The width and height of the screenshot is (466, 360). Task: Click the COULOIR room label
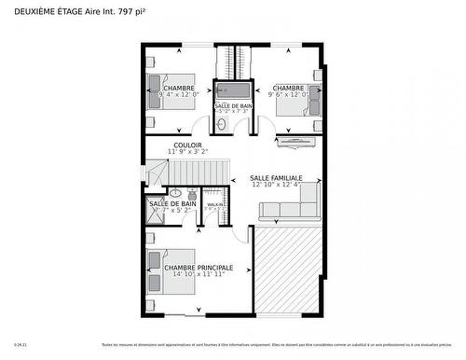pyautogui.click(x=187, y=145)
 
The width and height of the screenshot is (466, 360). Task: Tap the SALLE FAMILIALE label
pyautogui.click(x=276, y=177)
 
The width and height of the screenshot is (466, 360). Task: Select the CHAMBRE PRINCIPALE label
pyautogui.click(x=199, y=268)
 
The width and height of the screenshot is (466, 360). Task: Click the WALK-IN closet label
pyautogui.click(x=214, y=203)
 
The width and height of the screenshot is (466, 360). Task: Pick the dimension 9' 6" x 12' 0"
pyautogui.click(x=288, y=94)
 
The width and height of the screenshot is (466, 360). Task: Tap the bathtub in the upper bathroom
pyautogui.click(x=233, y=91)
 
